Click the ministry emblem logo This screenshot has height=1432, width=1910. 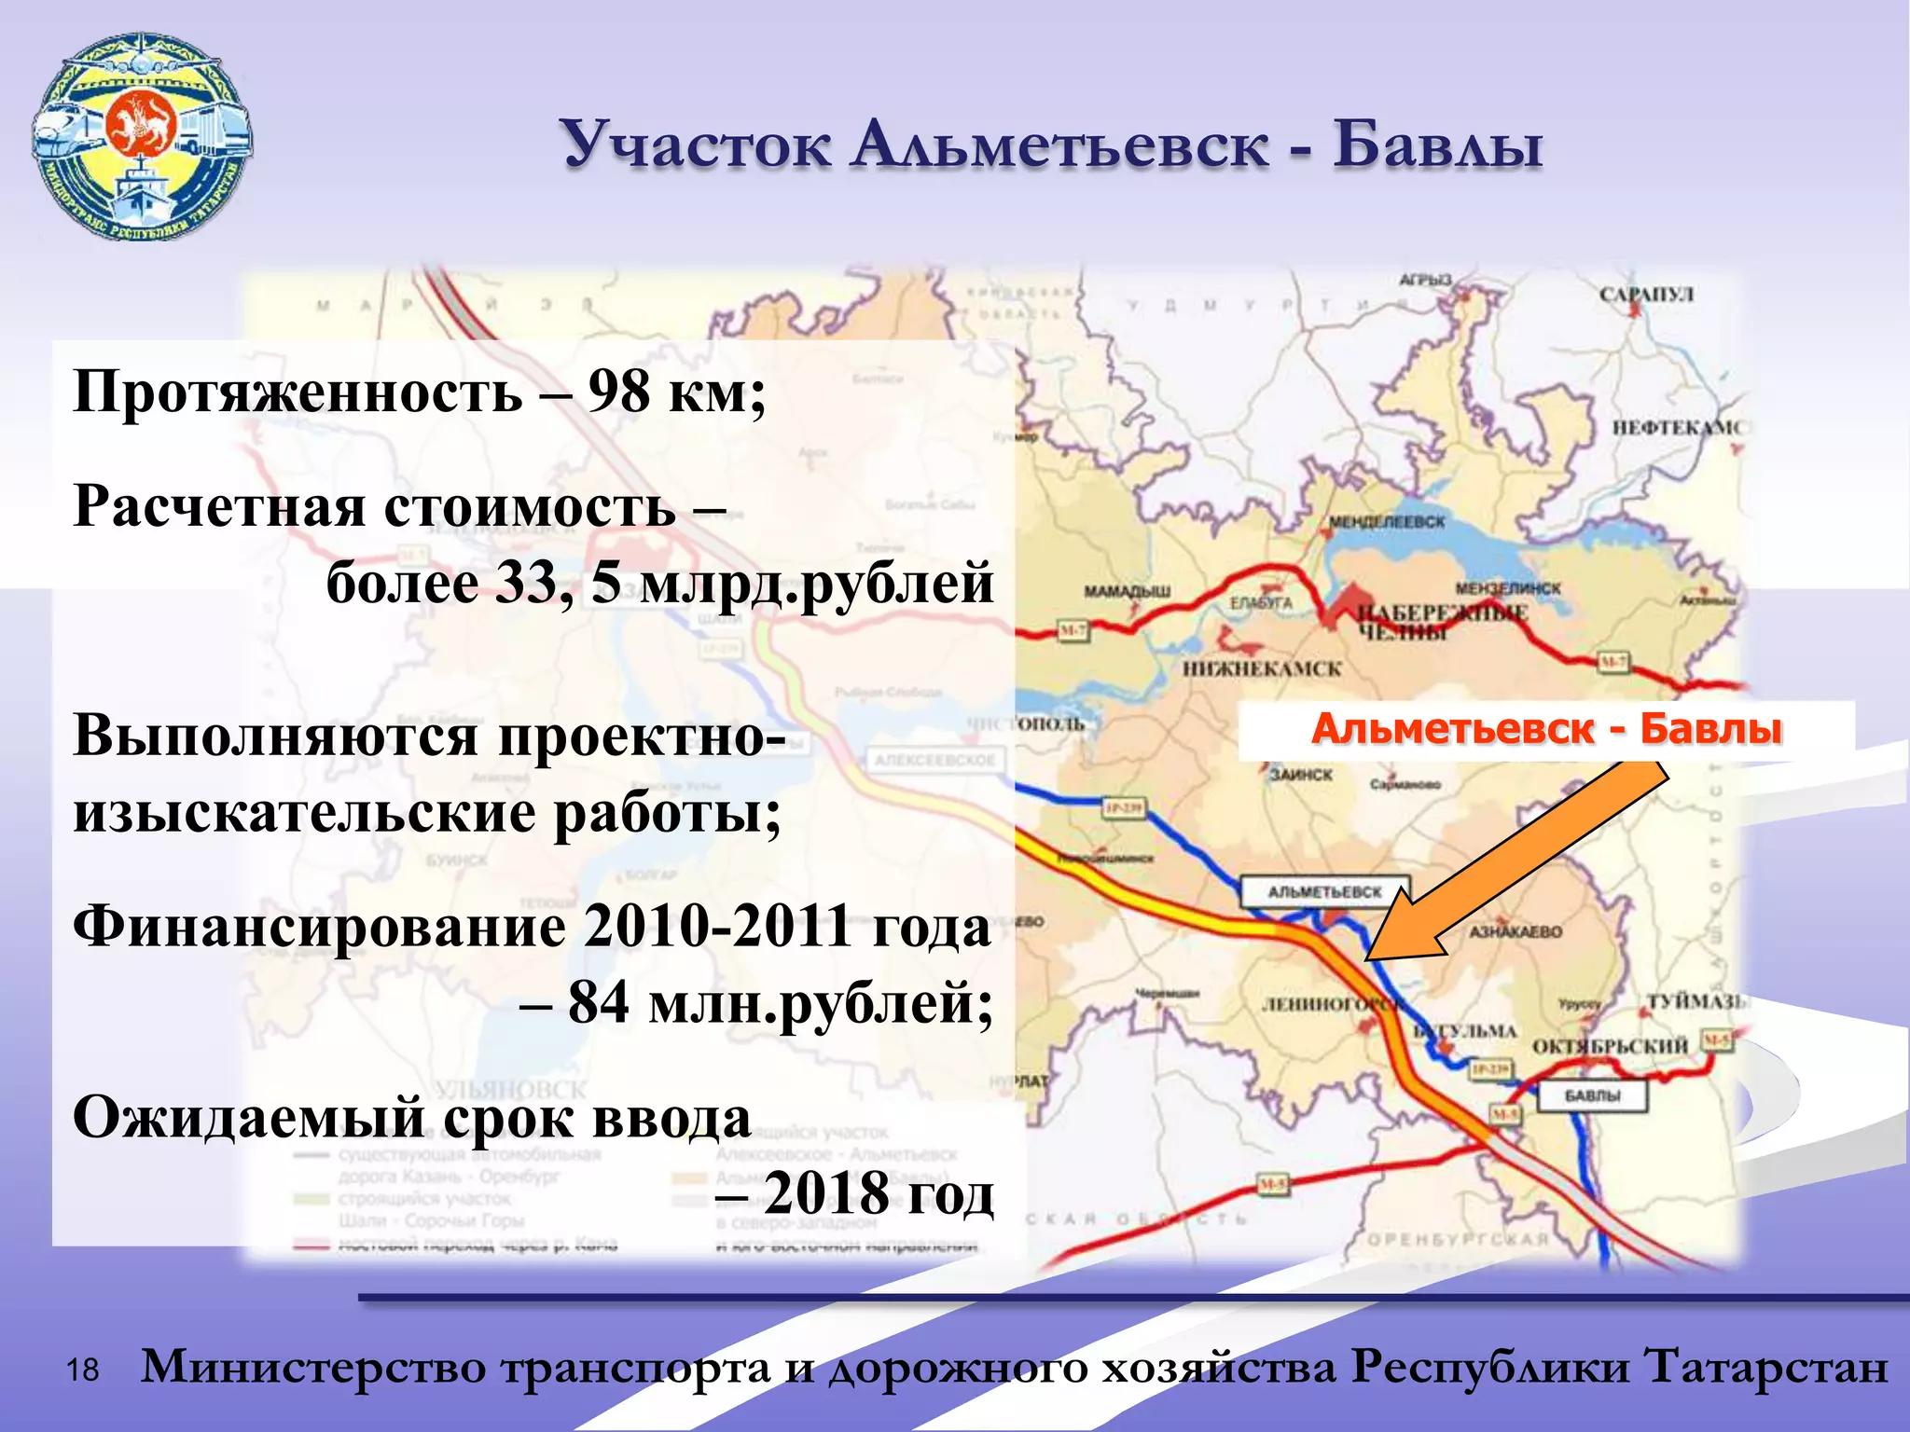142,138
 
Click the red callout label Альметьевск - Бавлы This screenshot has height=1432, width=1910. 1545,729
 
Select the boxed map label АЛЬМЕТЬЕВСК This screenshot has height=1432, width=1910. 1324,891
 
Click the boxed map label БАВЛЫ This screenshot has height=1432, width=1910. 1592,1095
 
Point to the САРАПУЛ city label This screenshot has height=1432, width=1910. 1646,295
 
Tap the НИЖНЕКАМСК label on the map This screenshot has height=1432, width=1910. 1262,668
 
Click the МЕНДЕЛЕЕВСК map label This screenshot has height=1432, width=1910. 1386,522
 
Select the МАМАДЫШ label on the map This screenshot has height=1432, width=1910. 1127,591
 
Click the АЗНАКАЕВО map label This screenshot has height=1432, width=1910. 1515,931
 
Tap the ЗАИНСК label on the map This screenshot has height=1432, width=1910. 1301,774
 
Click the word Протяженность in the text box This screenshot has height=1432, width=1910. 298,392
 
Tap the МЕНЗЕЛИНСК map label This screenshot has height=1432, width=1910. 1507,589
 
